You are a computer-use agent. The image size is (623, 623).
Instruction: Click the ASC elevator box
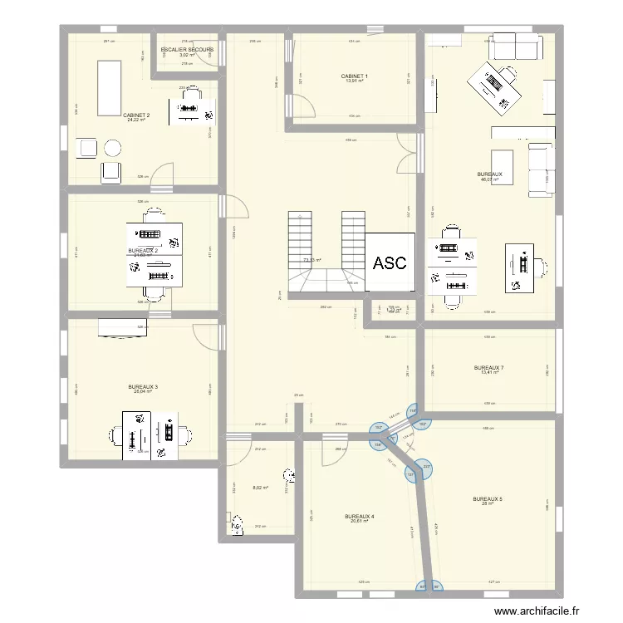[390, 263]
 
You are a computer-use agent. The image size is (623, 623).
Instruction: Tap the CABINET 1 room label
[355, 76]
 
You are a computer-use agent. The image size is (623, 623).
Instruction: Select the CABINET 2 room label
[136, 115]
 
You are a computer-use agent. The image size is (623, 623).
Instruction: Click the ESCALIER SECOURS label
[187, 50]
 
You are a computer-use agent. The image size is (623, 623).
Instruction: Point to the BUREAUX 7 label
[488, 367]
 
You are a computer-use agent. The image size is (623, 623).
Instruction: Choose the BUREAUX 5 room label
[488, 499]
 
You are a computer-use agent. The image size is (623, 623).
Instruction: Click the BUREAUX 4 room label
[359, 516]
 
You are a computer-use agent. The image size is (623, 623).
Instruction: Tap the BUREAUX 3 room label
[143, 386]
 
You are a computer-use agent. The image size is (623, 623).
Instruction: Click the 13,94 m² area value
[355, 81]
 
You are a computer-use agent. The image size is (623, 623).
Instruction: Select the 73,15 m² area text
[312, 260]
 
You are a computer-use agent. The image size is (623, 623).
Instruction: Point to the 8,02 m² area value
[260, 488]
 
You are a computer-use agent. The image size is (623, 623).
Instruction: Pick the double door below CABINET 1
[406, 153]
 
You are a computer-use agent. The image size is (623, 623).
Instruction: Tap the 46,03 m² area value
[491, 179]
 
